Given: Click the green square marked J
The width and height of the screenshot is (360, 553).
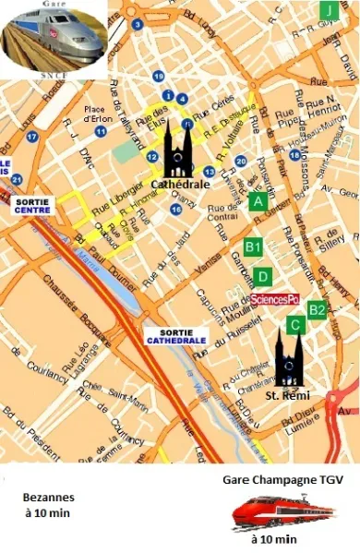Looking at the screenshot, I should click(328, 10).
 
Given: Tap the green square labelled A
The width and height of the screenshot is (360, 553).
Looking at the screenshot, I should click(258, 200).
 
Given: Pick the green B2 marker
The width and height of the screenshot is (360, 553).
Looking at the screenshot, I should click(317, 309).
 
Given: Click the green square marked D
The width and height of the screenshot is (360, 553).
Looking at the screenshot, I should click(263, 275).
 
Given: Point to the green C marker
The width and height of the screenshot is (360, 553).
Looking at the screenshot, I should click(295, 324).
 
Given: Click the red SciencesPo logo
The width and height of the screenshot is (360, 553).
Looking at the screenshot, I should click(275, 299).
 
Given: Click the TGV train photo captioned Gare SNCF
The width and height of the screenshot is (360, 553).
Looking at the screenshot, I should click(53, 39).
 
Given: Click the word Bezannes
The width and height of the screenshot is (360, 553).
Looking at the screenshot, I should click(48, 496).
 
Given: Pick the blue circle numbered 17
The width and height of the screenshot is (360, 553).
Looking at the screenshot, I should click(32, 137).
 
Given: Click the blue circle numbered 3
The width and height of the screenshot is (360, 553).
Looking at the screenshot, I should click(138, 24).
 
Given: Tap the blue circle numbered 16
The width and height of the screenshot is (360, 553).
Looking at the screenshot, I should click(175, 210).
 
